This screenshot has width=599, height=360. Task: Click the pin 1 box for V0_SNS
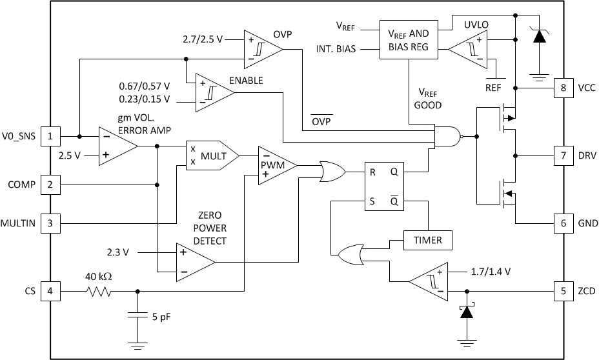click(x=50, y=136)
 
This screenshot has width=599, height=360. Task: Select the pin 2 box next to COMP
click(x=50, y=185)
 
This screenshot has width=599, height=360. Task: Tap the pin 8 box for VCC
click(x=563, y=87)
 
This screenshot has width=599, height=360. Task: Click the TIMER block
click(x=427, y=240)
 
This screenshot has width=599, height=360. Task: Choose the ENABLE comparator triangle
click(x=212, y=92)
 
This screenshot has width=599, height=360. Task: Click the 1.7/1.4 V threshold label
click(x=487, y=272)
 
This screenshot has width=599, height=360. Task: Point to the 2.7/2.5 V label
click(x=202, y=39)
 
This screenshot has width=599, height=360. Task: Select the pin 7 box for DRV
click(x=563, y=155)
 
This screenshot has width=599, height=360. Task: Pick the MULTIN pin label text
click(x=17, y=224)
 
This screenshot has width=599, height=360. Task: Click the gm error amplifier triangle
click(x=116, y=146)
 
